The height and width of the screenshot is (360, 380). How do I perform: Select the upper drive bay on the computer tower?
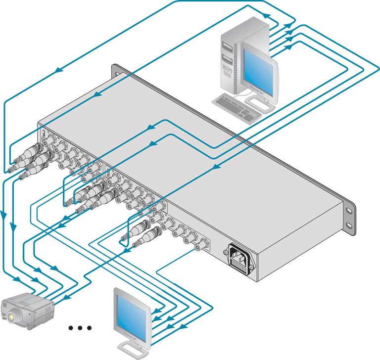click(226, 47)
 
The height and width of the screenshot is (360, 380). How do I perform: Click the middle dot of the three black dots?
click(80, 328)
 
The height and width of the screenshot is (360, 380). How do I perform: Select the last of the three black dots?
click(90, 328)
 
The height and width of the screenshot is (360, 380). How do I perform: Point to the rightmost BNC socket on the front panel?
click(203, 244)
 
